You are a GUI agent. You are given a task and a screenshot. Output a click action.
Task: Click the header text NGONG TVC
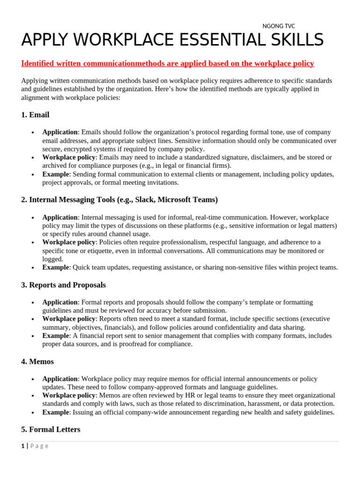(278, 26)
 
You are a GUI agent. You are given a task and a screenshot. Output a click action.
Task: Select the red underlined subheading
(167, 63)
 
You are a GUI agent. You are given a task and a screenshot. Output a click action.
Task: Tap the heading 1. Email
(35, 115)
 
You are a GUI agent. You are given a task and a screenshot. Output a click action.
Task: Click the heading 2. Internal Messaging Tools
(119, 200)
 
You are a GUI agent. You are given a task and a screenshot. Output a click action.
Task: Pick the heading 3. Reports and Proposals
(63, 285)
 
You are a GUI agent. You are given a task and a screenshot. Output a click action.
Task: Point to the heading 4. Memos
(37, 361)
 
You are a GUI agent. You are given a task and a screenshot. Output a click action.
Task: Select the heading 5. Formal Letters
(51, 429)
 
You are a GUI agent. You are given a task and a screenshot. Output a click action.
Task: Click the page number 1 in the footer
(22, 446)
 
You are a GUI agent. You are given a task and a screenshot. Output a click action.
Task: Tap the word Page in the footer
(39, 446)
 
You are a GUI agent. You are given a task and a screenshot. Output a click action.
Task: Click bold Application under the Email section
(60, 132)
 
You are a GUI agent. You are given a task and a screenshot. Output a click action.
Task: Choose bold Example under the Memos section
(56, 412)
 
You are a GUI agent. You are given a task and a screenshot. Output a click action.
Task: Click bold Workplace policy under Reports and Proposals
(69, 319)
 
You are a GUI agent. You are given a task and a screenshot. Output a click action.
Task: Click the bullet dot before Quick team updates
(33, 268)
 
